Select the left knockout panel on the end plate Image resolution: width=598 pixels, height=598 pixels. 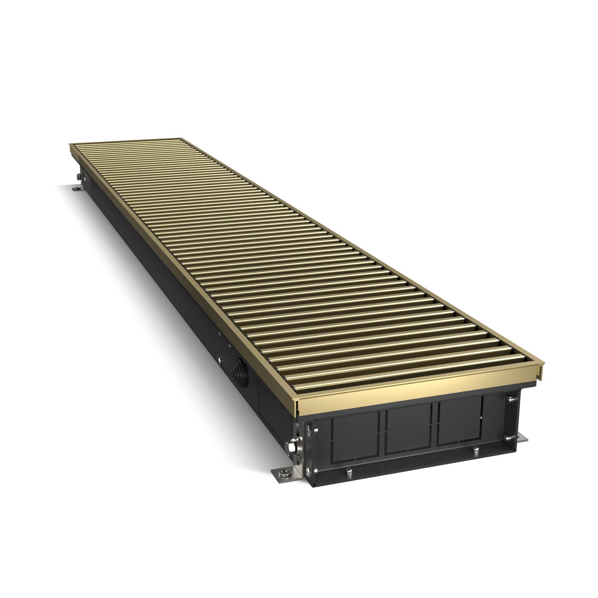tap(355, 438)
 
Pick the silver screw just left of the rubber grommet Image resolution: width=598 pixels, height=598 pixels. tap(220, 361)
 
